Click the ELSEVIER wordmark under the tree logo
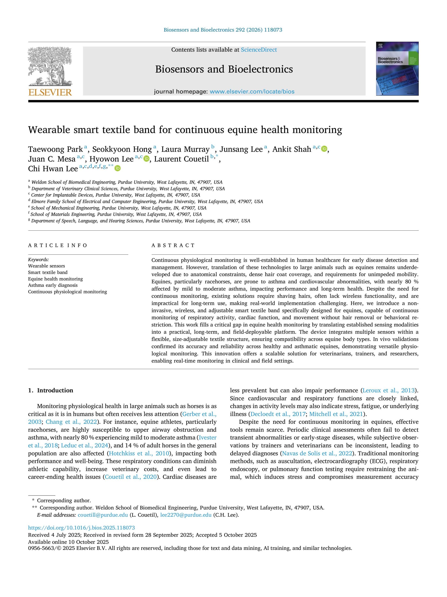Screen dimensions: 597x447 pyautogui.click(x=50, y=92)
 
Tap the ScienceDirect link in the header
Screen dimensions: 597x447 pyautogui.click(x=259, y=50)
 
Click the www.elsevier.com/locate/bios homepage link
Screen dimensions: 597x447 pyautogui.click(x=252, y=91)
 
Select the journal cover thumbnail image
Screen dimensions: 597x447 pyautogui.click(x=397, y=69)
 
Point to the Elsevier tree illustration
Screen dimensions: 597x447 pyautogui.click(x=50, y=66)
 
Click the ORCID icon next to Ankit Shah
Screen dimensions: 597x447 pyautogui.click(x=324, y=149)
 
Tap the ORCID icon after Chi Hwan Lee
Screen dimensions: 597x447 pyautogui.click(x=118, y=168)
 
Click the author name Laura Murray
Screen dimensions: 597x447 pyautogui.click(x=185, y=149)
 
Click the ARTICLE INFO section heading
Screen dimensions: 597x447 pyautogui.click(x=58, y=245)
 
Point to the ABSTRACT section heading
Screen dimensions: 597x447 pyautogui.click(x=173, y=245)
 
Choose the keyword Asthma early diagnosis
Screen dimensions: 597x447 pyautogui.click(x=53, y=285)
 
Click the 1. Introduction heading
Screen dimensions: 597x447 pyautogui.click(x=51, y=390)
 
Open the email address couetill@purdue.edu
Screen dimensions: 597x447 pyautogui.click(x=103, y=515)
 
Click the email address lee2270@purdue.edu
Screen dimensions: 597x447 pyautogui.click(x=186, y=515)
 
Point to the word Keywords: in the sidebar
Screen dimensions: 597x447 pyautogui.click(x=38, y=260)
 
